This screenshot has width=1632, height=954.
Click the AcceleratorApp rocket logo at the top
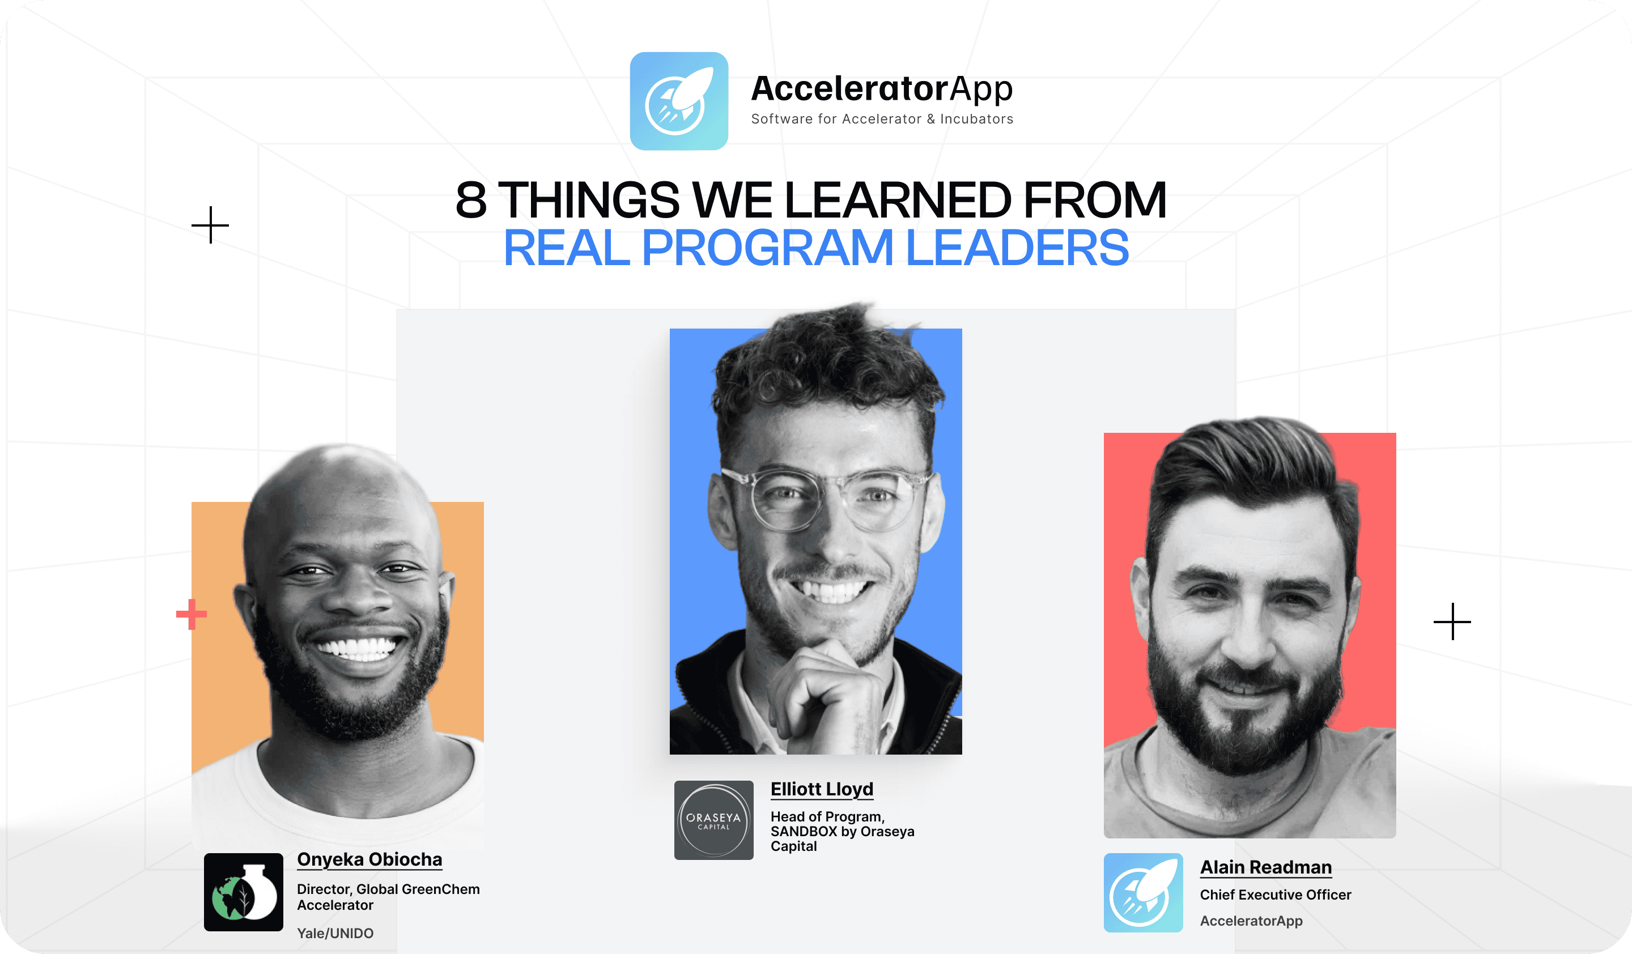coord(679,101)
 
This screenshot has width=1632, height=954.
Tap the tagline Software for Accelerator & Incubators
coord(882,119)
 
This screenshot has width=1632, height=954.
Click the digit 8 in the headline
coord(471,199)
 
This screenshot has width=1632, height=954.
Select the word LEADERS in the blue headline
coord(1017,248)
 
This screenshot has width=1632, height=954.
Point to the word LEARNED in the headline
coord(898,199)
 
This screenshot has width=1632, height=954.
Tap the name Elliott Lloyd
coord(822,789)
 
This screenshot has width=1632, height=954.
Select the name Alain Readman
coord(1266,867)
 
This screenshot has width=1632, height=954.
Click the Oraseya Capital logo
coord(713,820)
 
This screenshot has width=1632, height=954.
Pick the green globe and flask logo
coord(244,892)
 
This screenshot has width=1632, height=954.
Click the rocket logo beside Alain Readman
coord(1143,892)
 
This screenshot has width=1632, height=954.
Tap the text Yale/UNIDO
coord(335,933)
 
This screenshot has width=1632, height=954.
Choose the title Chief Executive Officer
coord(1276,895)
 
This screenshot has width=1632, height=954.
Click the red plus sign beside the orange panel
coord(192,614)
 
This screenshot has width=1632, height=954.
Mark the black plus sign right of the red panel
coord(1452,621)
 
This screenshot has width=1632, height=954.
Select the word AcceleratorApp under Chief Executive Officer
coord(1251,921)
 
